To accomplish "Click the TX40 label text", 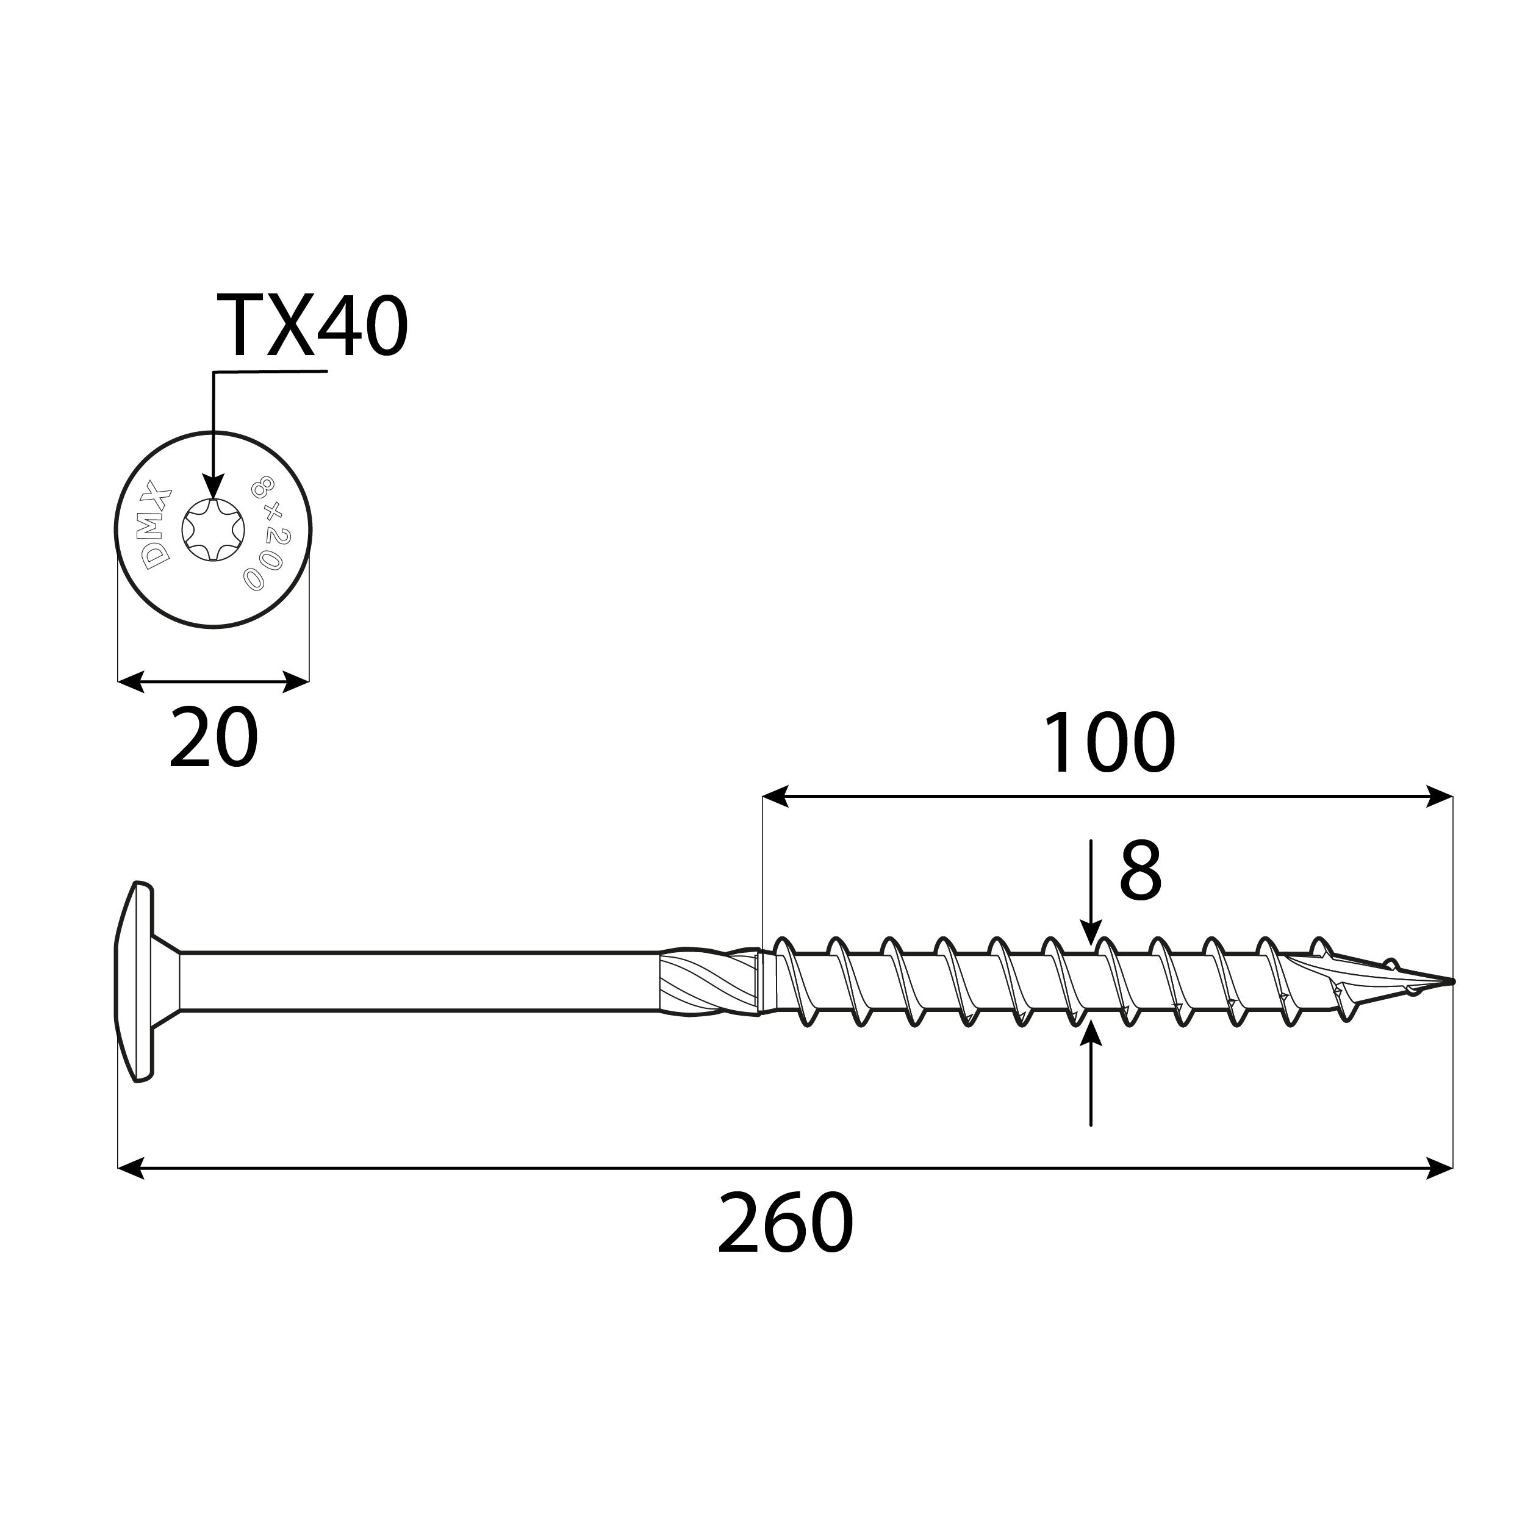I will click(x=311, y=326).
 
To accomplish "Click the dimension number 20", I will click(x=214, y=738).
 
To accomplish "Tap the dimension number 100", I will click(x=1109, y=744).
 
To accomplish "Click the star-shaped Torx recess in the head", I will click(x=213, y=529).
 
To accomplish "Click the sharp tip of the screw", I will click(x=1451, y=982).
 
